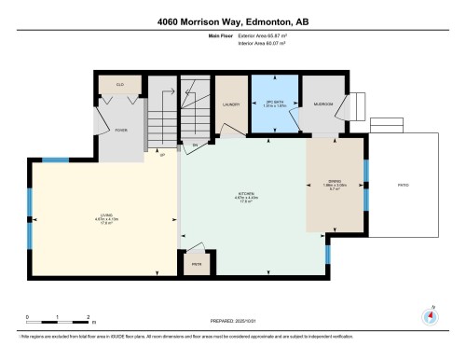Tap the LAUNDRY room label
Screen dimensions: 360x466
tap(230, 104)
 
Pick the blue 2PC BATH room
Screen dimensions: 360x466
tap(271, 104)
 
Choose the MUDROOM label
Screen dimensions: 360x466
tap(322, 104)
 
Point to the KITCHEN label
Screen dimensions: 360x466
tap(245, 197)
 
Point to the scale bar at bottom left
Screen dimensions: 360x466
tap(57, 315)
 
